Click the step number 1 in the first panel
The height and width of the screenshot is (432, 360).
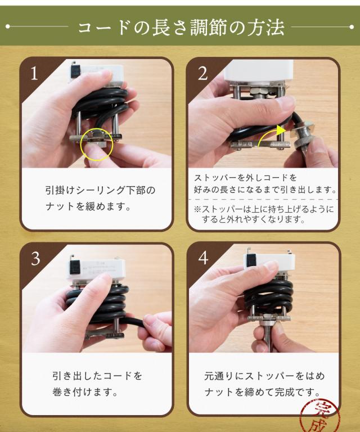[34, 73]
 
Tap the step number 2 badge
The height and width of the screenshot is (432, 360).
[202, 73]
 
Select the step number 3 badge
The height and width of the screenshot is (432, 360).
[35, 259]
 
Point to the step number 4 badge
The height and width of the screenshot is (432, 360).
[203, 258]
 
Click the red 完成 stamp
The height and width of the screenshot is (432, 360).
[319, 416]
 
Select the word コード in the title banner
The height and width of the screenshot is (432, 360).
[103, 27]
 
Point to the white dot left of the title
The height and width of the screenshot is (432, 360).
[8, 26]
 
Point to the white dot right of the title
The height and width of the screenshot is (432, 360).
[352, 27]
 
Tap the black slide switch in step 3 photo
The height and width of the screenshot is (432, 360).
[74, 267]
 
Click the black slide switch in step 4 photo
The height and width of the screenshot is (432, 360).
[251, 260]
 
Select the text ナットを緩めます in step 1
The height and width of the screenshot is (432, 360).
[88, 206]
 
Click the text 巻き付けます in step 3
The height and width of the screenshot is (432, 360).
[85, 391]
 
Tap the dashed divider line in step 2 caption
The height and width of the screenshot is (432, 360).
[263, 199]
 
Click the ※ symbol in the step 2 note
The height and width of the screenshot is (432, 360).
[198, 209]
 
